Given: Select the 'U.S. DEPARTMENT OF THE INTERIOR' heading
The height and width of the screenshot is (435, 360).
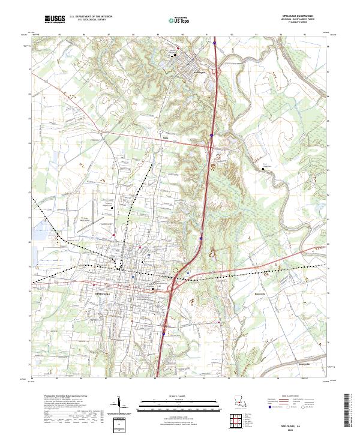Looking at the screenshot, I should [91, 17].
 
